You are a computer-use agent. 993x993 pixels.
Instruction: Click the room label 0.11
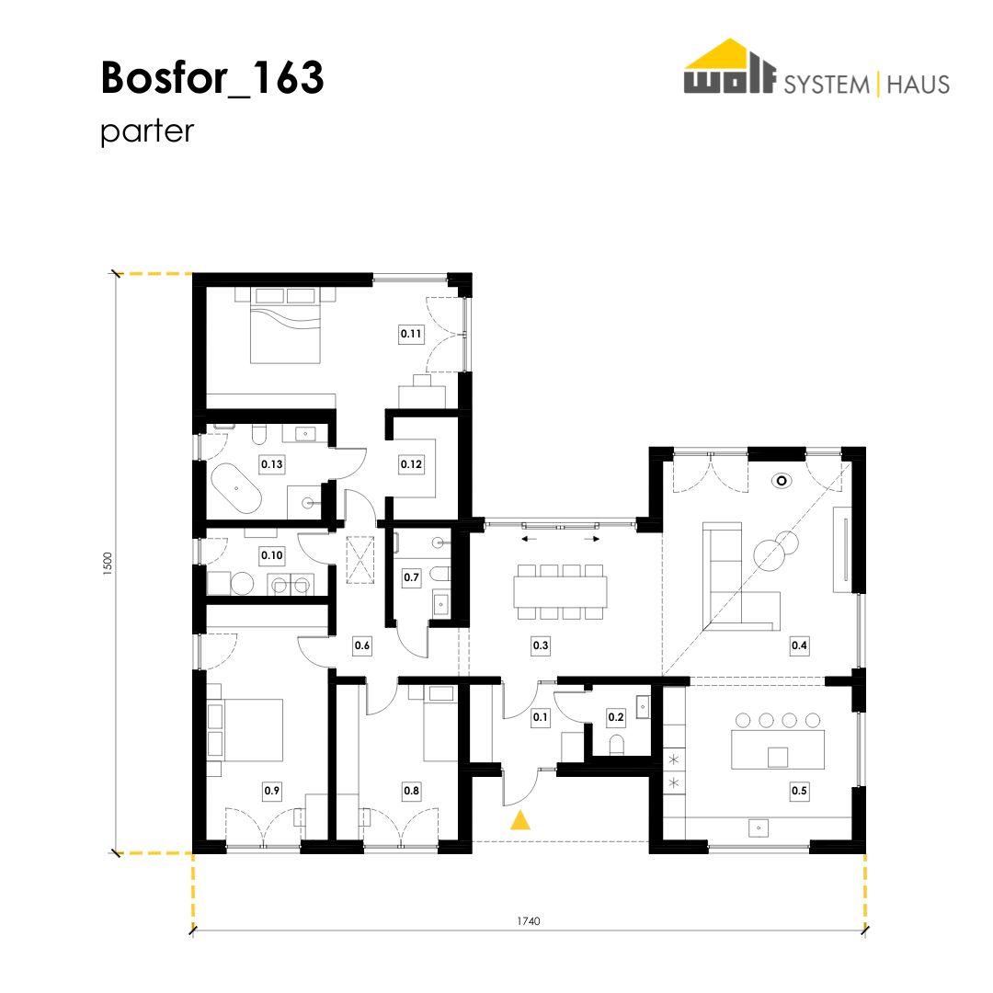(411, 334)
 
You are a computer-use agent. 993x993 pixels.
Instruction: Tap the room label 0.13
(271, 464)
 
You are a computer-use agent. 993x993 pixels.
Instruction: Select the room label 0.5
(799, 791)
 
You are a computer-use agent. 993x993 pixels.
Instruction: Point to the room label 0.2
(615, 717)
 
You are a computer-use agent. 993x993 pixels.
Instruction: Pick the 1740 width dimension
(528, 920)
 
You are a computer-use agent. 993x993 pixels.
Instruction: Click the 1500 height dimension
(107, 563)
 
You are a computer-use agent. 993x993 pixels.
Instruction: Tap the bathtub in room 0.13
(235, 489)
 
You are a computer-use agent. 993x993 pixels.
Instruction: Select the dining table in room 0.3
(561, 592)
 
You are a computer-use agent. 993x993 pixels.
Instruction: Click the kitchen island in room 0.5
(778, 749)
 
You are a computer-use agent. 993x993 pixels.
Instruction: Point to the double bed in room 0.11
(285, 325)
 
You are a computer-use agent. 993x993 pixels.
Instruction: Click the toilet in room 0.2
(616, 744)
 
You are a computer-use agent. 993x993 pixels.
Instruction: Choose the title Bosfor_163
(212, 78)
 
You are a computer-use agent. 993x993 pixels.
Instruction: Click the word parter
(147, 131)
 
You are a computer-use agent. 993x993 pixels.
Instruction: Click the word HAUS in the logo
(919, 85)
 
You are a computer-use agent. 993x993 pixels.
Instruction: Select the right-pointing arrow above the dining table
(592, 540)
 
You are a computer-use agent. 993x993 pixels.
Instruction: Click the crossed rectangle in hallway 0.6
(360, 559)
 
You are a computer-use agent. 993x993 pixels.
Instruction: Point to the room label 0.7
(411, 576)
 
